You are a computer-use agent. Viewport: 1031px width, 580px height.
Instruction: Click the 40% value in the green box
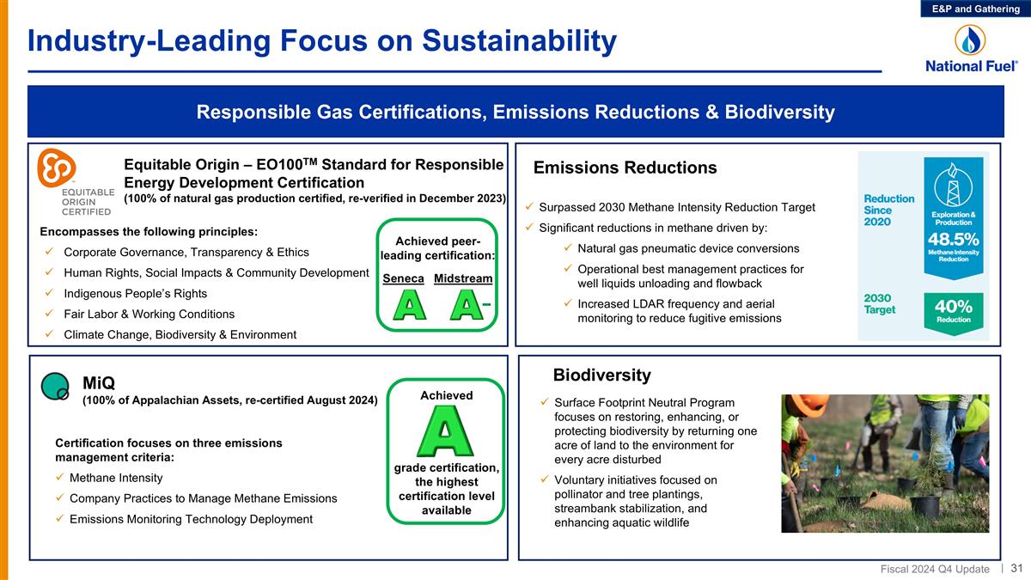tap(953, 307)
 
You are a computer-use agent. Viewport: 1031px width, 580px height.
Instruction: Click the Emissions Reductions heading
tap(625, 168)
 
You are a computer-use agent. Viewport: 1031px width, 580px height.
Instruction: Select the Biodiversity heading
tap(601, 375)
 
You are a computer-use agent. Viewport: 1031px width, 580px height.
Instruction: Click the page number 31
tap(1016, 569)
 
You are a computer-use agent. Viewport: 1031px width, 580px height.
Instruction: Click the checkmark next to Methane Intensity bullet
tap(60, 478)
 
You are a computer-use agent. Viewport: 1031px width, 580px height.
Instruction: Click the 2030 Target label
tap(882, 303)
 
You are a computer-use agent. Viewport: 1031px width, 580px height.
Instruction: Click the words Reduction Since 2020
tap(888, 211)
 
